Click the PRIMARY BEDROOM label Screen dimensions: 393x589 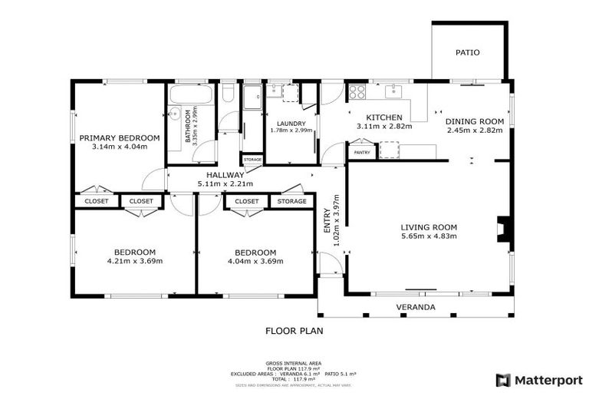120,138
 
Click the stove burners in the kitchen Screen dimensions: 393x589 357,92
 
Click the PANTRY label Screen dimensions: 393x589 362,153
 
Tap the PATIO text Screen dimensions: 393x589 468,53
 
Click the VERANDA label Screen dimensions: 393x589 416,307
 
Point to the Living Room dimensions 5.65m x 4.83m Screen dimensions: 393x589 429,236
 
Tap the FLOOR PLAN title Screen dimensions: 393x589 294,332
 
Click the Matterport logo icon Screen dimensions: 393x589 503,379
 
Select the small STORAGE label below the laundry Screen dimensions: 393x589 252,160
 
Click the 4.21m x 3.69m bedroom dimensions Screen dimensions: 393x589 135,261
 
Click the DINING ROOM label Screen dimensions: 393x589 475,121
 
